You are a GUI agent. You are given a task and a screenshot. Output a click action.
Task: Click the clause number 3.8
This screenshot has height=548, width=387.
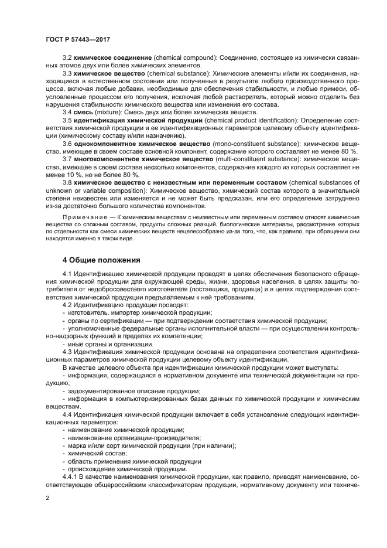point(67,182)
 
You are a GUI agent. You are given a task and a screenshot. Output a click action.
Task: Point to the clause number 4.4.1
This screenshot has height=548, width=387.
point(69,477)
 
